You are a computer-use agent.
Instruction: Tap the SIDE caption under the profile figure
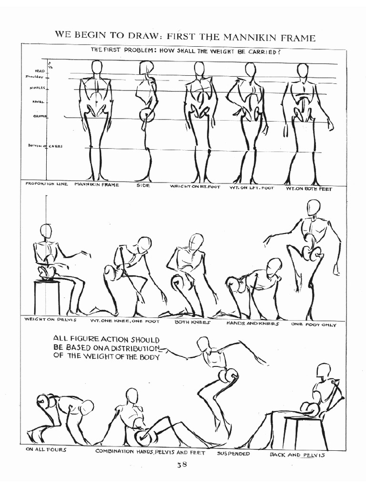pos(143,185)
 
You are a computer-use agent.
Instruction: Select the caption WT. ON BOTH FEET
pos(309,188)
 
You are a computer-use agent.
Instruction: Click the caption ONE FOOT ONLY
pos(317,325)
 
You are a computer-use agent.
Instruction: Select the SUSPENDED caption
pos(234,454)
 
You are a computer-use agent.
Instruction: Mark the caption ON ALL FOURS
pos(46,449)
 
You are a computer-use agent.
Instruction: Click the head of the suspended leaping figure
pos(203,343)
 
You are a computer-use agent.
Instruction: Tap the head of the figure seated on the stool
pos(46,231)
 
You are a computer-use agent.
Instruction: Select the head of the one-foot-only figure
pos(313,207)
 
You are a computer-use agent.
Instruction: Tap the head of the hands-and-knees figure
pos(274,267)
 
